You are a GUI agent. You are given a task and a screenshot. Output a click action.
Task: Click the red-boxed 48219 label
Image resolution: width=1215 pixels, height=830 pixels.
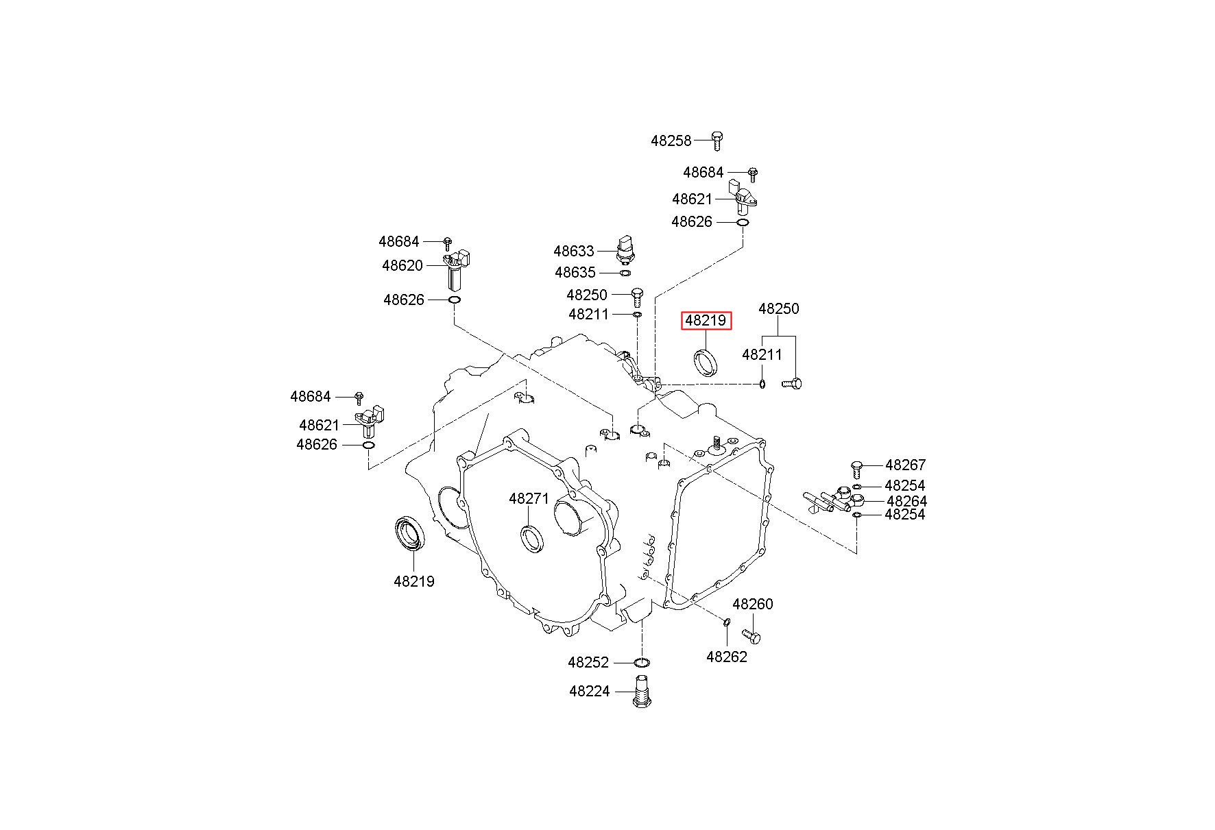pos(706,321)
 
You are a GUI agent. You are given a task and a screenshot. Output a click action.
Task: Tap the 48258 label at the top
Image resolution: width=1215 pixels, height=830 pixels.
pos(671,141)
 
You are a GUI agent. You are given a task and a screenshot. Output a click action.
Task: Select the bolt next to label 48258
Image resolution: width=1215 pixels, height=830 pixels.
pos(717,140)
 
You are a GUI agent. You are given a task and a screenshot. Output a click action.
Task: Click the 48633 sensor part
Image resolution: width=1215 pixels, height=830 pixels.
pos(626,251)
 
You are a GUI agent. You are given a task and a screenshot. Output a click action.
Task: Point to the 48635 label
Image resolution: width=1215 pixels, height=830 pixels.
pos(575,273)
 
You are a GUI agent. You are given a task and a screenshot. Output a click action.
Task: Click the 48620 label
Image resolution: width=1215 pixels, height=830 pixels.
pos(402,266)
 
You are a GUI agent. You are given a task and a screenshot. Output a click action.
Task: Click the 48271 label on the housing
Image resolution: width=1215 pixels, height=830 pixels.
pos(529,499)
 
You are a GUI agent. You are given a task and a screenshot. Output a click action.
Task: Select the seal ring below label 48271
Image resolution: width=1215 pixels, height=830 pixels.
pos(532,537)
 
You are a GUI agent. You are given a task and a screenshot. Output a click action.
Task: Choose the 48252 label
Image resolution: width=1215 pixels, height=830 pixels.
pos(588,663)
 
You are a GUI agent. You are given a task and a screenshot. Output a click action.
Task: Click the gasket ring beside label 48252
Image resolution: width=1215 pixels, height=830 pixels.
pos(642,663)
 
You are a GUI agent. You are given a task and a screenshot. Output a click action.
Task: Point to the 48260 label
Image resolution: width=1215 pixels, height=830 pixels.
pos(753,605)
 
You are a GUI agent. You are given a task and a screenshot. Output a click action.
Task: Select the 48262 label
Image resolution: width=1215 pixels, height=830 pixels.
pos(727,657)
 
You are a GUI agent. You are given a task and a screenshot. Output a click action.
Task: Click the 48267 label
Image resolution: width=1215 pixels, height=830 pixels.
pos(905,465)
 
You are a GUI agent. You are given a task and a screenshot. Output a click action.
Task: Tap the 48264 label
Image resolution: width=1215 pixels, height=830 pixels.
pos(906,502)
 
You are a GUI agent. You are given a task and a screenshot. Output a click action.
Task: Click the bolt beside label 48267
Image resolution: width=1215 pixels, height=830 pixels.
pos(855,469)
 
